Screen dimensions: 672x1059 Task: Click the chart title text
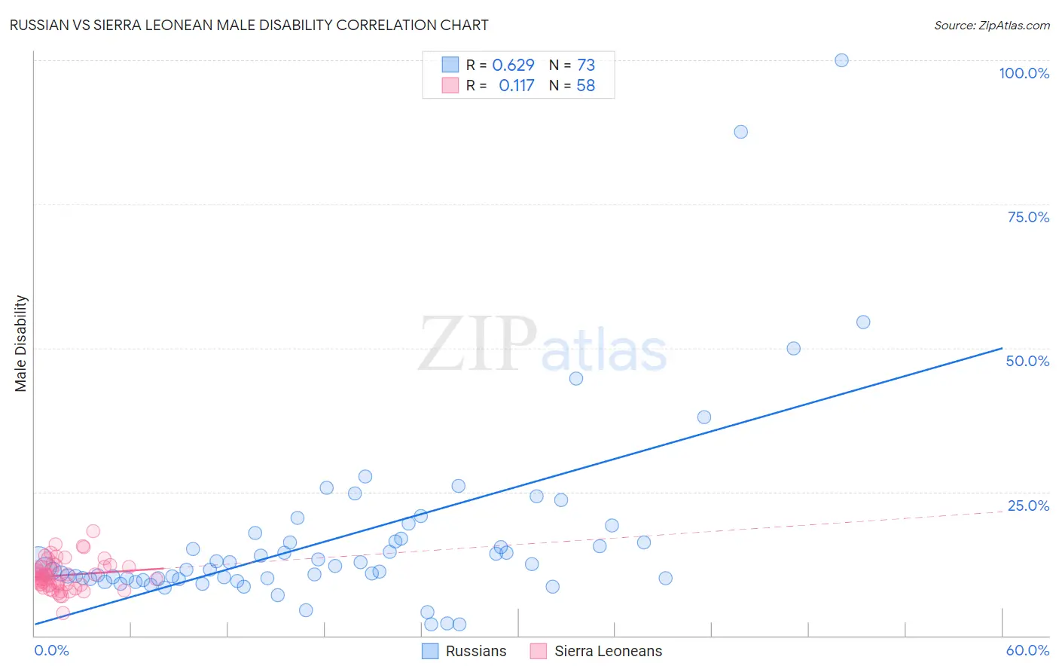pyautogui.click(x=249, y=25)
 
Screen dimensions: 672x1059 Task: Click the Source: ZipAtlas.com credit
pyautogui.click(x=991, y=25)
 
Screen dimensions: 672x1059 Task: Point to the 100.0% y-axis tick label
pyautogui.click(x=1024, y=73)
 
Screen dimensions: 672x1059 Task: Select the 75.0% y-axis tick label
pyautogui.click(x=1028, y=217)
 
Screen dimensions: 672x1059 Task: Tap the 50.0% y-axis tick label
pyautogui.click(x=1027, y=361)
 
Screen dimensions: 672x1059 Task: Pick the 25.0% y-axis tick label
pyautogui.click(x=1028, y=506)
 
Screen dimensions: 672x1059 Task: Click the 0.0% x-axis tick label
pyautogui.click(x=51, y=650)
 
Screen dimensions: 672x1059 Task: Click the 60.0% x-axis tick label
pyautogui.click(x=1027, y=650)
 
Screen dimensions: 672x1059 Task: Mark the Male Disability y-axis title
pyautogui.click(x=21, y=343)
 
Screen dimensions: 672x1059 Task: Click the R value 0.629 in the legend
pyautogui.click(x=513, y=65)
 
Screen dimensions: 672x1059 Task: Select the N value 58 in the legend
pyautogui.click(x=585, y=86)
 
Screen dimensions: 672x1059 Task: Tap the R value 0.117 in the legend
pyautogui.click(x=516, y=86)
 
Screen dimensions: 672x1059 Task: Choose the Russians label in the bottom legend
pyautogui.click(x=476, y=651)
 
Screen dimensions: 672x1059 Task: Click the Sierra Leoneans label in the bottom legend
pyautogui.click(x=608, y=651)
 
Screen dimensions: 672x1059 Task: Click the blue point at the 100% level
pyautogui.click(x=841, y=60)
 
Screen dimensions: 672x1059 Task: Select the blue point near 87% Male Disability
pyautogui.click(x=740, y=132)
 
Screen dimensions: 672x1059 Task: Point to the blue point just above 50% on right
pyautogui.click(x=863, y=322)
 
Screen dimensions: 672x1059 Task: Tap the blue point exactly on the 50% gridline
pyautogui.click(x=793, y=349)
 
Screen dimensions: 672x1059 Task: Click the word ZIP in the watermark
pyautogui.click(x=478, y=344)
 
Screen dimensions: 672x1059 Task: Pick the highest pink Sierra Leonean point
pyautogui.click(x=93, y=531)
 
